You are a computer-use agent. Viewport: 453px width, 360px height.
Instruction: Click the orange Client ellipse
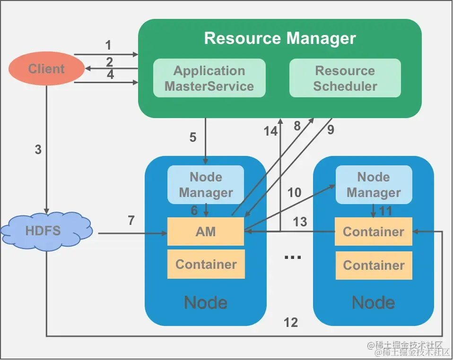pyautogui.click(x=46, y=69)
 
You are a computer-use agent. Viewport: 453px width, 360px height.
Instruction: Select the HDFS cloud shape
pyautogui.click(x=46, y=231)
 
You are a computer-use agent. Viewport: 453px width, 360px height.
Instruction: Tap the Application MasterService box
pyautogui.click(x=209, y=78)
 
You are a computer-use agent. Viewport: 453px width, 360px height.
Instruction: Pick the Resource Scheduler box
pyautogui.click(x=345, y=78)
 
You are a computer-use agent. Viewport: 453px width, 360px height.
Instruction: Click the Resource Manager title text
pyautogui.click(x=279, y=38)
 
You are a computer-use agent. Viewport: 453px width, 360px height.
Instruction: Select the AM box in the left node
pyautogui.click(x=206, y=231)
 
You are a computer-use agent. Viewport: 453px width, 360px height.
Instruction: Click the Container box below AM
pyautogui.click(x=206, y=264)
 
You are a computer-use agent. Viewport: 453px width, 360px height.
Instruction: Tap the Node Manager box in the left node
pyautogui.click(x=206, y=184)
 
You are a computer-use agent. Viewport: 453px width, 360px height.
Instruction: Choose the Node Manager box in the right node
pyautogui.click(x=374, y=184)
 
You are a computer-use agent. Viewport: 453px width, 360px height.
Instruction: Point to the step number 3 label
pyautogui.click(x=38, y=150)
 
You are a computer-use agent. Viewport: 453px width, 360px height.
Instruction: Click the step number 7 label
pyautogui.click(x=131, y=220)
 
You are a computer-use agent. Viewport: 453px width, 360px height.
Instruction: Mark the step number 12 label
pyautogui.click(x=291, y=322)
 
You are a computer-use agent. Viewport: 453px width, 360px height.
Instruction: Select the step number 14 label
pyautogui.click(x=271, y=131)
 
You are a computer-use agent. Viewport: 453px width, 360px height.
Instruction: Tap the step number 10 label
pyautogui.click(x=294, y=192)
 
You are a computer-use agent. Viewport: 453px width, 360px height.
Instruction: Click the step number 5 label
pyautogui.click(x=193, y=137)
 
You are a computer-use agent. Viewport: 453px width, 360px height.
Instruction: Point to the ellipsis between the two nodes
pyautogui.click(x=293, y=257)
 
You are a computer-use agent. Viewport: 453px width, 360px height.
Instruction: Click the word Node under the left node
pyautogui.click(x=206, y=302)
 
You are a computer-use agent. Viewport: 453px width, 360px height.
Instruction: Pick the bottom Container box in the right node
pyautogui.click(x=374, y=265)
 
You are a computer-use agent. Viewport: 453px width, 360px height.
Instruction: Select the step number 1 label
pyautogui.click(x=108, y=45)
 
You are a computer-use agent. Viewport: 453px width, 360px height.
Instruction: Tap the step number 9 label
pyautogui.click(x=331, y=130)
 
